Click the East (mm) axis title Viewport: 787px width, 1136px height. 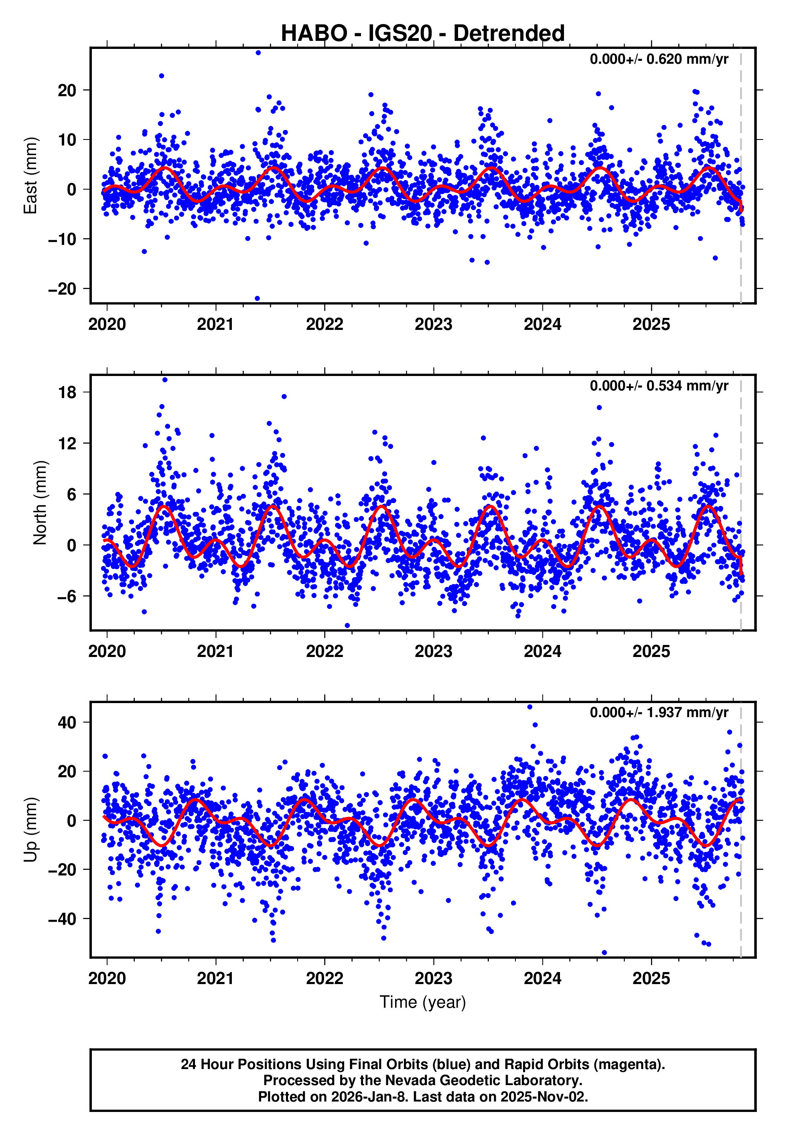pos(30,176)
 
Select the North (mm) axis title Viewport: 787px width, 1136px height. pos(40,503)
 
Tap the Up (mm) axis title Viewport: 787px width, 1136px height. pos(30,830)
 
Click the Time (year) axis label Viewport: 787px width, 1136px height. pos(423,1002)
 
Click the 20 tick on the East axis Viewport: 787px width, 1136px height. pos(67,90)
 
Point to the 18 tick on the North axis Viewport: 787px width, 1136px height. pos(67,392)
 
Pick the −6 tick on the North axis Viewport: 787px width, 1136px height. pos(67,596)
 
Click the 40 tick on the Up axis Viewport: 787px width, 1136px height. pos(67,723)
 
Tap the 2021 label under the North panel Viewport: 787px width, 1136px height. pos(215,651)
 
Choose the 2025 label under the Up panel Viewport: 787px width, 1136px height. pos(651,978)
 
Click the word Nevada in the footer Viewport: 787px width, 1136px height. pos(407,1080)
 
